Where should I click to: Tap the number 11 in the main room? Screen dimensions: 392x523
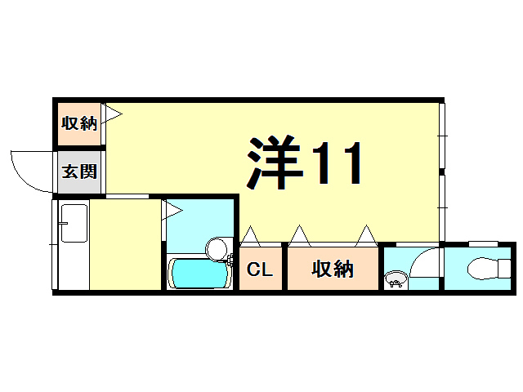[x=336, y=163]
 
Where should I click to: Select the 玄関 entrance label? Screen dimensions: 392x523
[x=79, y=172]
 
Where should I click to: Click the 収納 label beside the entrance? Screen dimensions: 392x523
[x=79, y=123]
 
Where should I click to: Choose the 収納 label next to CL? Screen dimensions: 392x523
[x=332, y=269]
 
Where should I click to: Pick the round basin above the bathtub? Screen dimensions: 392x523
[x=217, y=247]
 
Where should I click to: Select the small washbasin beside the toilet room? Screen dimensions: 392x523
[x=396, y=282]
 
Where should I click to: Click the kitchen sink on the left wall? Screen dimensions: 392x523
[x=74, y=222]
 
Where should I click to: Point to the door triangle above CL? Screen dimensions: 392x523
[x=250, y=237]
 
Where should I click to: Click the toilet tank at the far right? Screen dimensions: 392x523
[x=504, y=266]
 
